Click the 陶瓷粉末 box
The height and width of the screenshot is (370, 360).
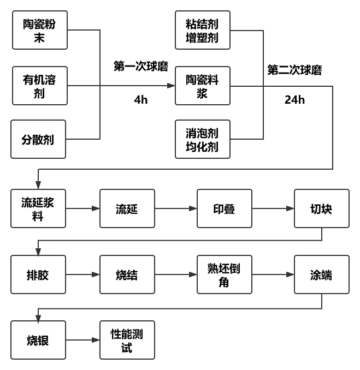tap(39, 31)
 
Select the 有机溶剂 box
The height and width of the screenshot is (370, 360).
tap(39, 86)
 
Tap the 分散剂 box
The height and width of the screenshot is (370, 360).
tap(38, 139)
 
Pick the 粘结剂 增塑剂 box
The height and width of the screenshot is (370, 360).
tap(203, 31)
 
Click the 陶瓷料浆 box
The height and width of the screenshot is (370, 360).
tap(203, 86)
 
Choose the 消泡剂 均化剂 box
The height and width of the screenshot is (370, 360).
tap(203, 139)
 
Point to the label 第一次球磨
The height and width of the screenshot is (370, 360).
tap(141, 66)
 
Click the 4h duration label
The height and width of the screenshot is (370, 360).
tap(141, 100)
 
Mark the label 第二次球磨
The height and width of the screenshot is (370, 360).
tap(294, 70)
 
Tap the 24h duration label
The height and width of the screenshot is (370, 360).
tap(294, 100)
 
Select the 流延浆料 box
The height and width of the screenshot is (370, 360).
tap(38, 208)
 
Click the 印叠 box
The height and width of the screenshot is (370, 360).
tap(225, 208)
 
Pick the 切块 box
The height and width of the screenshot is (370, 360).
tap(321, 208)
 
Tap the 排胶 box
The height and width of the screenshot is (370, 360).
tap(38, 274)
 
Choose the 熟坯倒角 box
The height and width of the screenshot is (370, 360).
tap(225, 274)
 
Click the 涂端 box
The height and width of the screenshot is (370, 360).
tap(321, 274)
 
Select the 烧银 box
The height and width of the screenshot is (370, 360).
tap(38, 340)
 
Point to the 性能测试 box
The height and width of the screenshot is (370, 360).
tap(127, 340)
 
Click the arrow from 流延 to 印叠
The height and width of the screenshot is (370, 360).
tap(176, 208)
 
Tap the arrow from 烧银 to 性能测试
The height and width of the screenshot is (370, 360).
tap(82, 340)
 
